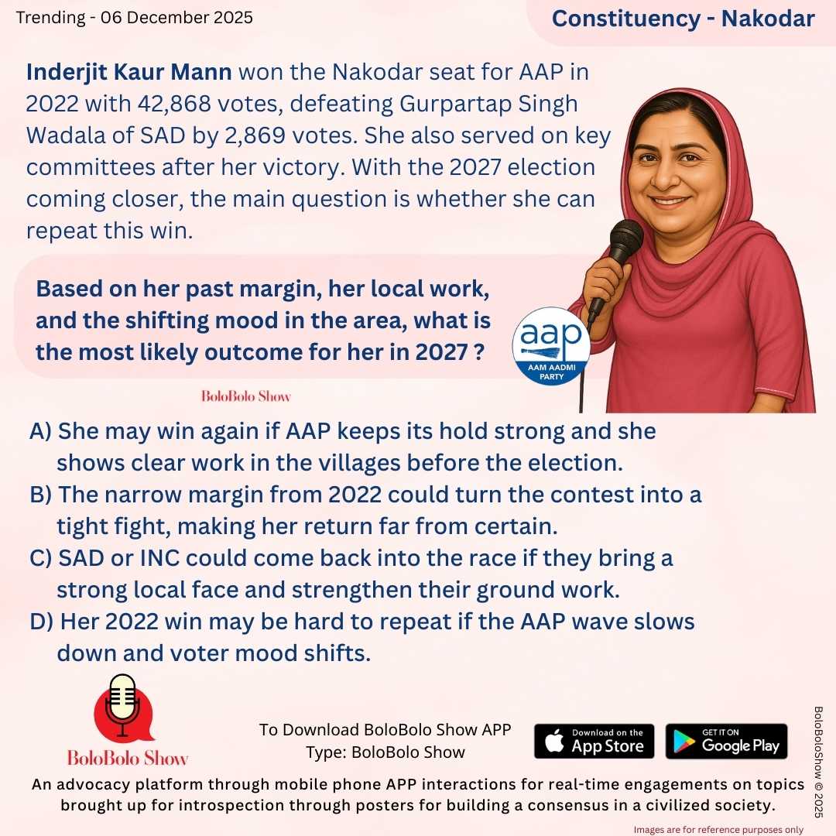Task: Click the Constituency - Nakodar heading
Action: (x=683, y=19)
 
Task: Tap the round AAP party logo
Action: (x=551, y=345)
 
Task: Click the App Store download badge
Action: (x=594, y=741)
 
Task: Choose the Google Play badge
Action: (x=726, y=741)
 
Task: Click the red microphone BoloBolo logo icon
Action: (x=122, y=708)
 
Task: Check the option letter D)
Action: (x=42, y=622)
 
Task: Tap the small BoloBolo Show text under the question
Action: (x=245, y=396)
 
